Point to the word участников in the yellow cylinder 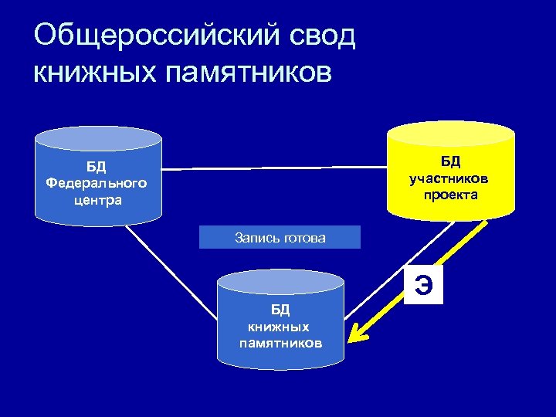tap(451, 178)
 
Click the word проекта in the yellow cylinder tap(451, 195)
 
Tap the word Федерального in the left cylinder tap(96, 183)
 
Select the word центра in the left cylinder tap(96, 200)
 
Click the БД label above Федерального tap(96, 167)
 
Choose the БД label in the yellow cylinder tap(451, 161)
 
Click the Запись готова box tap(280, 237)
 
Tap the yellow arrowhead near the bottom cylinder tap(355, 335)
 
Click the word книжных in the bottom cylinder tap(280, 327)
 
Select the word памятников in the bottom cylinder tap(280, 342)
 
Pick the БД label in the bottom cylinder tap(280, 310)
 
